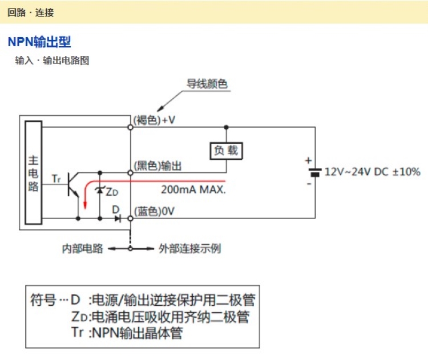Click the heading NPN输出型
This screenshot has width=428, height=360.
click(39, 42)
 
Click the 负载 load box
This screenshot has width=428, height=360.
click(225, 151)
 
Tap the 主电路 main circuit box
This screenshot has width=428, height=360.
click(34, 172)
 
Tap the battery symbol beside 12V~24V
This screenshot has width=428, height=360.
click(314, 172)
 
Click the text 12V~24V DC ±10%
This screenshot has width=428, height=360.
click(372, 172)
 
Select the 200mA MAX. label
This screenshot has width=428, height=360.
click(193, 189)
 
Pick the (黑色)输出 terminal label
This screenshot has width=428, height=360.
click(158, 165)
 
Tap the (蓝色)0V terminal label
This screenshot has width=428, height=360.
click(154, 211)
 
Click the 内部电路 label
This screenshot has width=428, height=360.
click(83, 249)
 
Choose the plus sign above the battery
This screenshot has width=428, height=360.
click(309, 160)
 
